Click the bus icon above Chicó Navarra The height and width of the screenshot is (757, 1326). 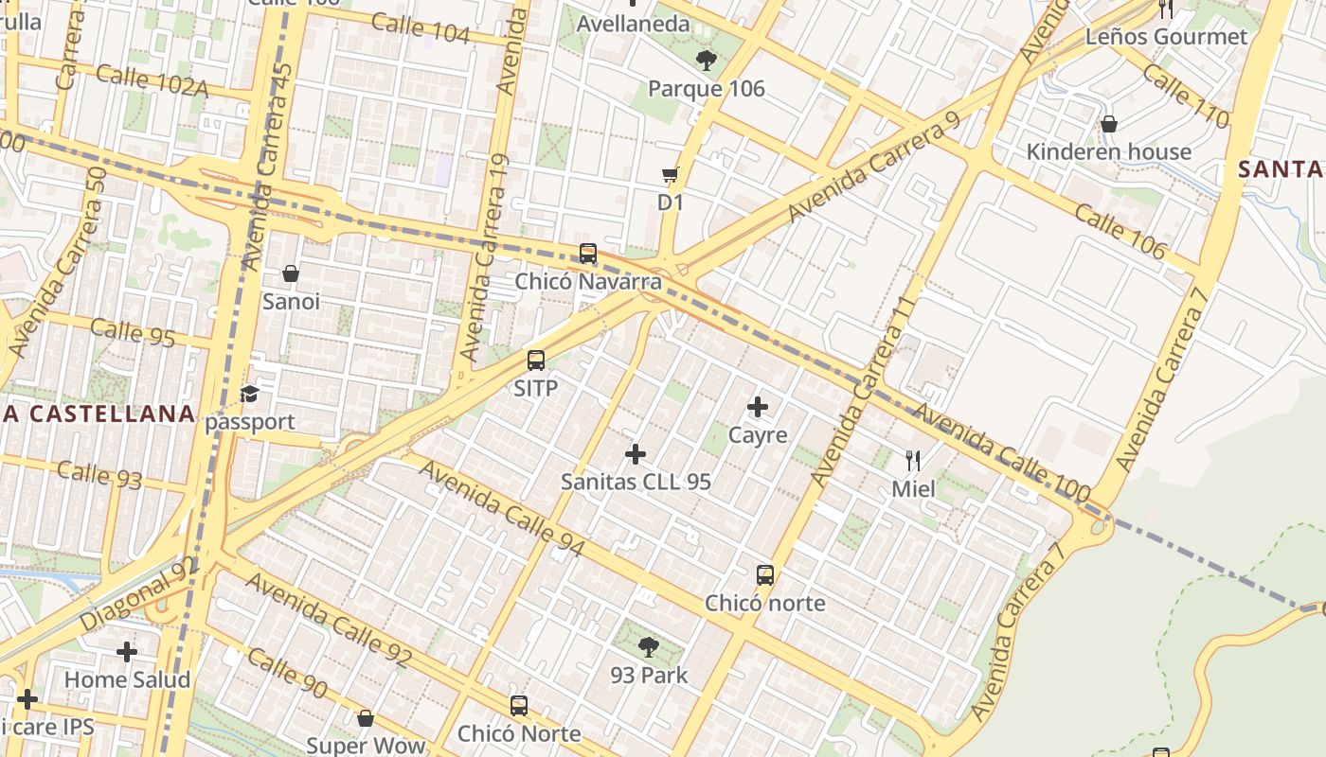coord(588,254)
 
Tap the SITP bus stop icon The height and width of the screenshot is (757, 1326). coord(536,361)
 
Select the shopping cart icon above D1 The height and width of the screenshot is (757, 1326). coord(671,174)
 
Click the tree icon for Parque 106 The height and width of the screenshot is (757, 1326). coord(706,62)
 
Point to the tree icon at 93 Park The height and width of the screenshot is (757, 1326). coord(649,647)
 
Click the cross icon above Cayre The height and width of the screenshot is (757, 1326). coord(758,407)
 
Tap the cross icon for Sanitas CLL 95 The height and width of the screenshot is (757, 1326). coord(636,454)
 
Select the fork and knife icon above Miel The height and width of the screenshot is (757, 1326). coord(913,461)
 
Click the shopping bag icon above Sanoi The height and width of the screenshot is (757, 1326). coord(291,273)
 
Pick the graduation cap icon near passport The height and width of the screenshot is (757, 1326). coord(249,394)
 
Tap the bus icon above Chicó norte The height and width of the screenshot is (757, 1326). coord(765,575)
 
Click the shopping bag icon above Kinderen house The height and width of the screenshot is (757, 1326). coord(1109,124)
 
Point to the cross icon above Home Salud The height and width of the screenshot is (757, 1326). coord(127,652)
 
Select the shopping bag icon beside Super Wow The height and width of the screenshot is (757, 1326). coord(366,718)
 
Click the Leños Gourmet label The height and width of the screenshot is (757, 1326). coord(1166,37)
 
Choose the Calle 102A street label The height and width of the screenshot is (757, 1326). coord(152,80)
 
